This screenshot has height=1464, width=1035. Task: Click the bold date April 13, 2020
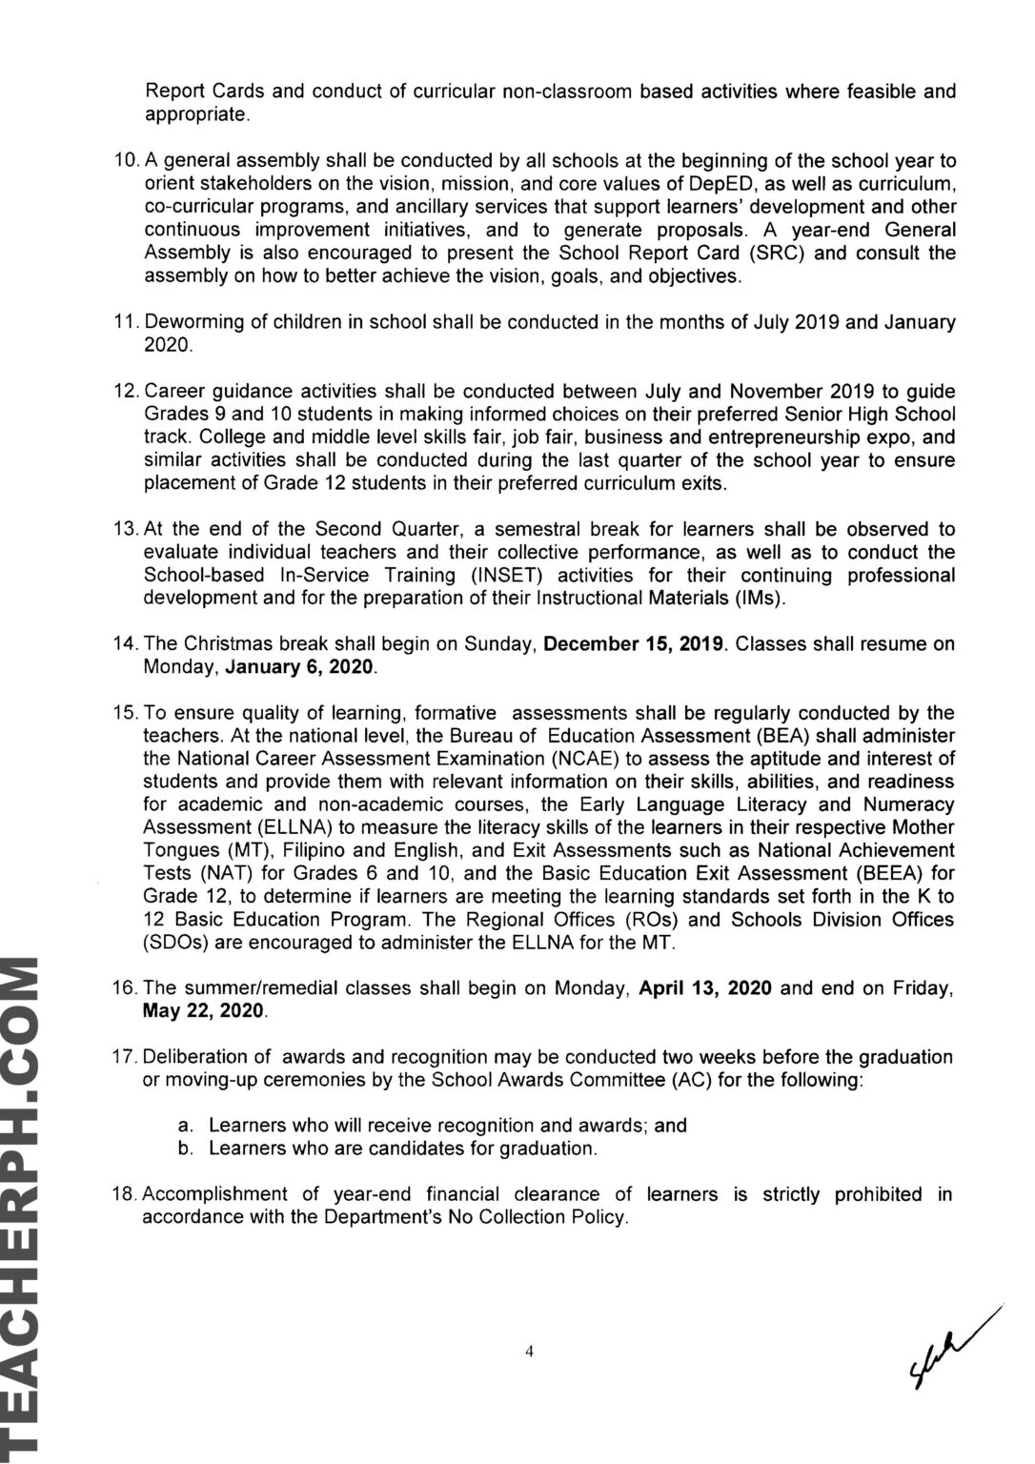point(705,988)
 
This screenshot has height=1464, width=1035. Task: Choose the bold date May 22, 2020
point(204,1011)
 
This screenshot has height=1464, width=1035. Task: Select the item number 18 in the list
point(126,1194)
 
